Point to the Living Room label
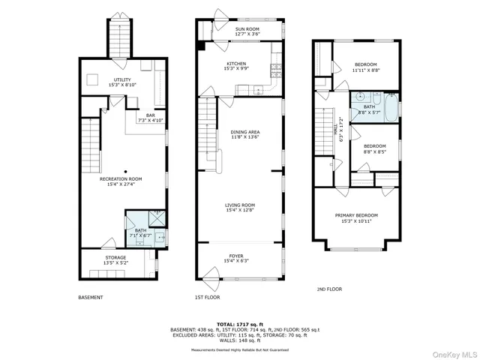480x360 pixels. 241,205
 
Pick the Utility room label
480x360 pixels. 121,79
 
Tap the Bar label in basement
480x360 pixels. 151,115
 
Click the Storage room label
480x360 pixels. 115,258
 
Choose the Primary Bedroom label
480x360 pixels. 356,215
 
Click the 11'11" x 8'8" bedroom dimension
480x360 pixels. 365,70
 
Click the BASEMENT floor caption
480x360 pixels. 91,297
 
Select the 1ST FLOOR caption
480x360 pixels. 206,297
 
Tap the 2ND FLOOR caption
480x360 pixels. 328,288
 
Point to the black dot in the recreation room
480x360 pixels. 126,170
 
